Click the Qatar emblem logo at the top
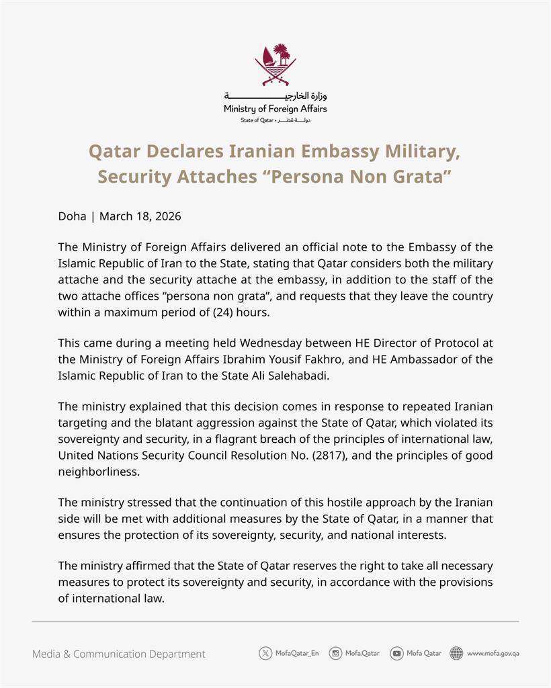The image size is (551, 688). [275, 64]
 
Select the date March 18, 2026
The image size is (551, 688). [140, 216]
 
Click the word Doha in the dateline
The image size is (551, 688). [72, 216]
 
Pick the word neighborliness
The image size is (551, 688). [99, 472]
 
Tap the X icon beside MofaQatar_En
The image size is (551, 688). [265, 653]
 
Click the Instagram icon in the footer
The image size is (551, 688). [335, 653]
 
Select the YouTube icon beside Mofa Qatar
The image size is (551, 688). [396, 653]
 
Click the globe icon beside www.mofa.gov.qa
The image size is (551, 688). [456, 653]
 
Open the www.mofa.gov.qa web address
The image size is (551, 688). [493, 653]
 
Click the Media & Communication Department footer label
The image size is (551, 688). [119, 654]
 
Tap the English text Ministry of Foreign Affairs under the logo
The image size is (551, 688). [275, 109]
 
